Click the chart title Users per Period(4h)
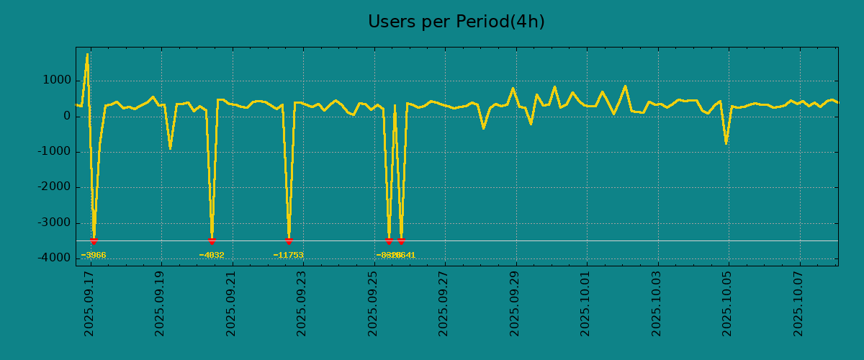[x=456, y=22]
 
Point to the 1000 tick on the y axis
[x=56, y=81]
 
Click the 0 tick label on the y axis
[x=66, y=116]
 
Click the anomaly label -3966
[x=94, y=256]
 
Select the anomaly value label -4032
[x=212, y=256]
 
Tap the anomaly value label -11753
[x=288, y=256]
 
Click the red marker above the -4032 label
[x=212, y=241]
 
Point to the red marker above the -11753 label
[x=289, y=241]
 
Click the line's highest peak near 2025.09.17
[x=88, y=54]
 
